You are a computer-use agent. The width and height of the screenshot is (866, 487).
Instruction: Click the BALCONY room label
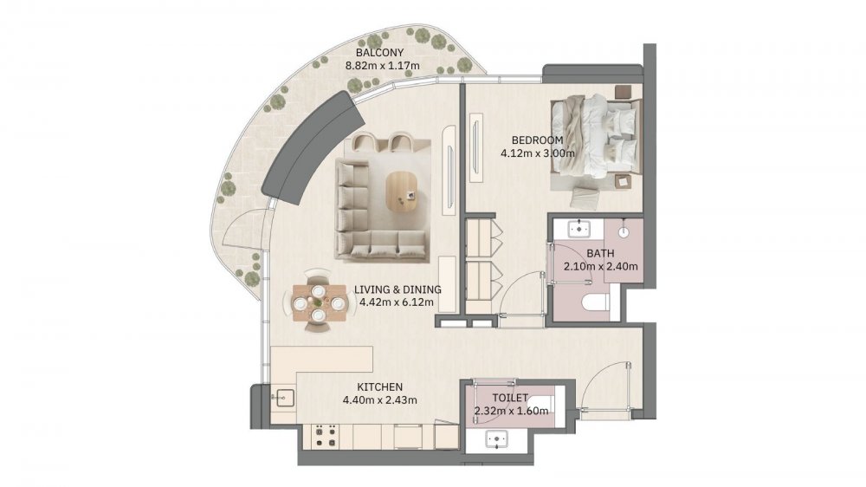[379, 53]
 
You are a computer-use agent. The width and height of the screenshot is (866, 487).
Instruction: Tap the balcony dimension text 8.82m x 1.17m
[382, 66]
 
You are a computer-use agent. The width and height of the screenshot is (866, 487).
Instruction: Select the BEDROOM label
[537, 140]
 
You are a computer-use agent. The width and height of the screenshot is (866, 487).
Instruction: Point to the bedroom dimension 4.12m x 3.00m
[538, 153]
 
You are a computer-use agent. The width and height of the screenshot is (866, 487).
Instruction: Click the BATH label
[600, 254]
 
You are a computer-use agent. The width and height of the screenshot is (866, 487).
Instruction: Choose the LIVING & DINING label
[397, 289]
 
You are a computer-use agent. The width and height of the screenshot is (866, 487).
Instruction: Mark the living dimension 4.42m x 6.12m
[396, 302]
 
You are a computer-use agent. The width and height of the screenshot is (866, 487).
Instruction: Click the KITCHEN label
[379, 387]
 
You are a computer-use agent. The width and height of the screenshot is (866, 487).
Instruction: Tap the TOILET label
[510, 398]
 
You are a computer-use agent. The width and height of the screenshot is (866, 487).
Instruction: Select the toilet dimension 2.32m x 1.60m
[511, 411]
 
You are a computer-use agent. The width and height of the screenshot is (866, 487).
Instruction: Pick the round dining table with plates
[319, 302]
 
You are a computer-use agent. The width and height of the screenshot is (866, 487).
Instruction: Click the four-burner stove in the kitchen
[326, 435]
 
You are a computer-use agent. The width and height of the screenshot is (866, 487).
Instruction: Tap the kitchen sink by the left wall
[284, 398]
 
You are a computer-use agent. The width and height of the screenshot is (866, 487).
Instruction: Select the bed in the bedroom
[596, 143]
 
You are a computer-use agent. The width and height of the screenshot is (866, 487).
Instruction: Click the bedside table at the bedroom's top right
[623, 92]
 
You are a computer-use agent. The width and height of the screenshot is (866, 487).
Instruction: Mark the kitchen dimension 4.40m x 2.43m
[379, 399]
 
